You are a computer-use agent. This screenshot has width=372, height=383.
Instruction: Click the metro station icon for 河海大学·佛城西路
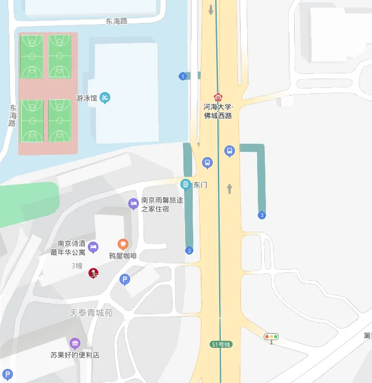(218, 97)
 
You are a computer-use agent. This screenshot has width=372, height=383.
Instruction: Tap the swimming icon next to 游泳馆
(105, 97)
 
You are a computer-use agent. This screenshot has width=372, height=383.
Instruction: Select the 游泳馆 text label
(87, 98)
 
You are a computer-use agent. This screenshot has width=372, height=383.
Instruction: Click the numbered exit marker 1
(183, 76)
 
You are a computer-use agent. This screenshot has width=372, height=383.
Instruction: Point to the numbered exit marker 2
(189, 250)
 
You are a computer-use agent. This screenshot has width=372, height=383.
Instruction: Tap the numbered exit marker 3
(262, 215)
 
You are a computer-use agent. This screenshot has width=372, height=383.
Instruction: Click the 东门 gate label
(200, 185)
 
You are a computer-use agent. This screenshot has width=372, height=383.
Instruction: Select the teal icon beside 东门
(186, 185)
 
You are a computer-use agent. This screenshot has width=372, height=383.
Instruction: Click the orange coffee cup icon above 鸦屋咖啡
(122, 244)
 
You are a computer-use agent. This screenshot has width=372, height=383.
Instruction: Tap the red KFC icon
(93, 273)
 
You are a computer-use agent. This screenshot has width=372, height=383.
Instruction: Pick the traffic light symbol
(271, 337)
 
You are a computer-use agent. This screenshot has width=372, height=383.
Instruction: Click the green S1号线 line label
(221, 344)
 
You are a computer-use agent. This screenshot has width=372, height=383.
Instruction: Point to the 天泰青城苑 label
(91, 313)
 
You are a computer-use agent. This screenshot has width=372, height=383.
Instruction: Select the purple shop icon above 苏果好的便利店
(74, 343)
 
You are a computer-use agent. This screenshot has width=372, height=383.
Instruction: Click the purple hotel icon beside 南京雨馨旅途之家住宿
(134, 204)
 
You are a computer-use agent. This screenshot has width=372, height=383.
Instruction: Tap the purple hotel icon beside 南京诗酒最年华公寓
(93, 247)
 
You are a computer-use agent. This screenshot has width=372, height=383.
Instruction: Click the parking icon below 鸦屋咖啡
(124, 280)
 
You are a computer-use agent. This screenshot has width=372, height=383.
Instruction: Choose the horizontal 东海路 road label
(117, 21)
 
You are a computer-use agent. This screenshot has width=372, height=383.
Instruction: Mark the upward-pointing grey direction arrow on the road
(230, 188)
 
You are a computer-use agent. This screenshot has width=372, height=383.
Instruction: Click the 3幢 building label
(77, 266)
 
